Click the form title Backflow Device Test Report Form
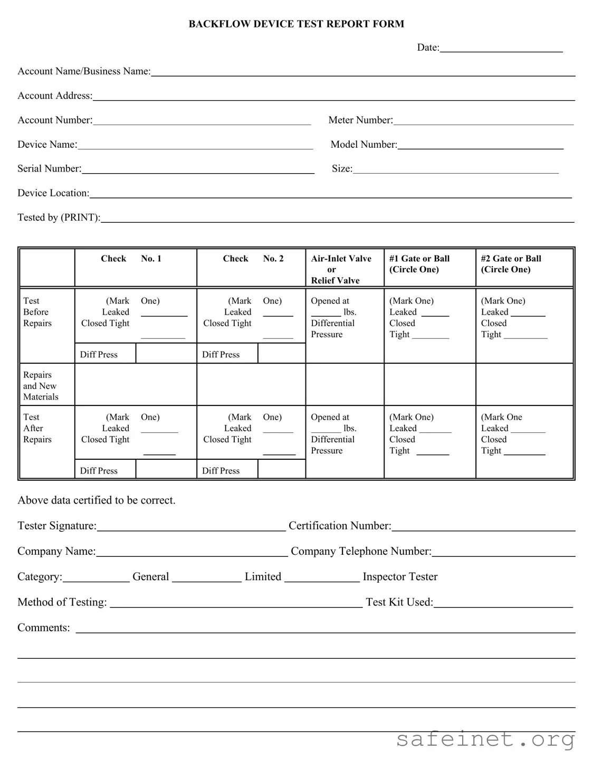pyautogui.click(x=296, y=24)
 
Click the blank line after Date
pyautogui.click(x=501, y=48)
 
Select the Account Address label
pyautogui.click(x=55, y=96)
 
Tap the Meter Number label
pyautogui.click(x=360, y=120)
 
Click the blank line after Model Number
pyautogui.click(x=480, y=145)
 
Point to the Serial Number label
pyautogui.click(x=49, y=169)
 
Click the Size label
pyautogui.click(x=341, y=169)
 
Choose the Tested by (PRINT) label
pyautogui.click(x=59, y=217)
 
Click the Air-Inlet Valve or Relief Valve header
pyautogui.click(x=341, y=269)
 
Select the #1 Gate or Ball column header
pyautogui.click(x=419, y=264)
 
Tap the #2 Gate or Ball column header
pyautogui.click(x=511, y=264)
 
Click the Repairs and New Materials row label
pyautogui.click(x=41, y=386)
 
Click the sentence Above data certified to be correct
pyautogui.click(x=97, y=500)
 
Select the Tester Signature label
pyautogui.click(x=57, y=526)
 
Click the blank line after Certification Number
pyautogui.click(x=483, y=527)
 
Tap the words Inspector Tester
pyautogui.click(x=400, y=577)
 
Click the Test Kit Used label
pyautogui.click(x=399, y=602)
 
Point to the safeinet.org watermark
pyautogui.click(x=485, y=739)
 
